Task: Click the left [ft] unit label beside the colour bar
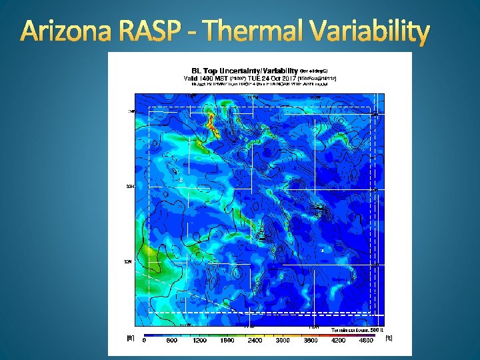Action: coord(131,337)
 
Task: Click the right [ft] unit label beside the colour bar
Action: coord(389,337)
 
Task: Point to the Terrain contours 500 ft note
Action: coord(357,329)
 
